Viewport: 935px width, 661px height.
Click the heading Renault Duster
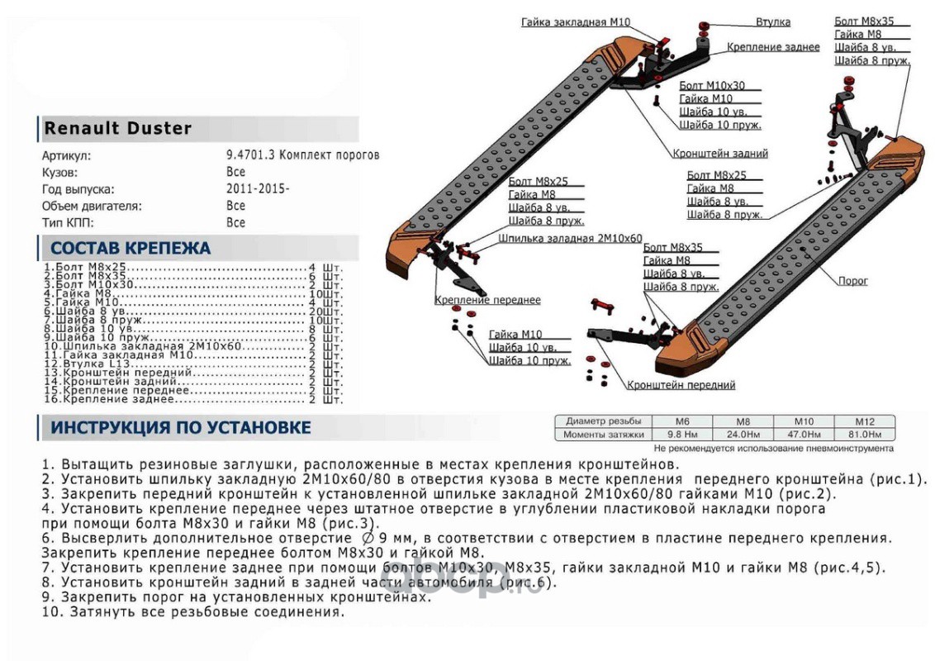(118, 128)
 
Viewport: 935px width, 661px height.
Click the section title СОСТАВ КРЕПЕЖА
(131, 248)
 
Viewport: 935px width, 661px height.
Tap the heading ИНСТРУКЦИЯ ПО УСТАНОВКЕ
(181, 427)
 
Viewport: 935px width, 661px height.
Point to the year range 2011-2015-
(258, 188)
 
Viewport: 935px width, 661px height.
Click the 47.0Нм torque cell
(804, 434)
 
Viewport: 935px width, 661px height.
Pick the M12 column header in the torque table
(864, 421)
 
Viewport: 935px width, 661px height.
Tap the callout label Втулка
(772, 21)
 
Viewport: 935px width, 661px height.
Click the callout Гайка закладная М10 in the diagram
(576, 22)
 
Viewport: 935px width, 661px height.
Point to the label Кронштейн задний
(720, 154)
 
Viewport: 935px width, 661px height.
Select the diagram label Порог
(853, 281)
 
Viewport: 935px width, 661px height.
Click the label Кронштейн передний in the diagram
(681, 385)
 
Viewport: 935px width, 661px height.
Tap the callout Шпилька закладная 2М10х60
(570, 238)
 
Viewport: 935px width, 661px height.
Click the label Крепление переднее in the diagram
(488, 300)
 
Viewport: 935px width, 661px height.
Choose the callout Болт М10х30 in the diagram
(711, 85)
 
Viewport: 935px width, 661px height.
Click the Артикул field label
(67, 155)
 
